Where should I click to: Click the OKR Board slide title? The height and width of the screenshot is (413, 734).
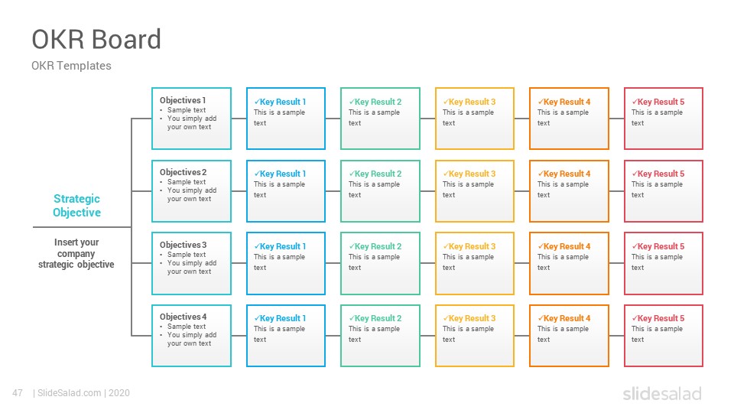[96, 39]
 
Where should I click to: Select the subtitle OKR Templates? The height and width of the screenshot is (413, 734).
[71, 66]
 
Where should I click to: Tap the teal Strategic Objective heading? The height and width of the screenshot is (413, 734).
[76, 206]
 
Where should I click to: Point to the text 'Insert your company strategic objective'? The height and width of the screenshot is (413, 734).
[76, 253]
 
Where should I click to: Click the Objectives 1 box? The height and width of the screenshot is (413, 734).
[191, 119]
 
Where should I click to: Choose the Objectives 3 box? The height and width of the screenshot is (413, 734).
[191, 263]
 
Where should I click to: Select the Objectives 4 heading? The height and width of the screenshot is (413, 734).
[183, 317]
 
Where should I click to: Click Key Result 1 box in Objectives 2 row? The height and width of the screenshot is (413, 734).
[286, 191]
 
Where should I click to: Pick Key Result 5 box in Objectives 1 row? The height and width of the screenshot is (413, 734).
[664, 119]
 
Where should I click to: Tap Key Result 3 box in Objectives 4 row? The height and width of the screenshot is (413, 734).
[475, 336]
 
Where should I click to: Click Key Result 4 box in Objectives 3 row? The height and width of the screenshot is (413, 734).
[569, 263]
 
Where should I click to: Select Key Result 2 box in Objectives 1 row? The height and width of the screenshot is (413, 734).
[380, 119]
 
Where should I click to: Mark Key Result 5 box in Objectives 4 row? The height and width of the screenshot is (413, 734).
[664, 336]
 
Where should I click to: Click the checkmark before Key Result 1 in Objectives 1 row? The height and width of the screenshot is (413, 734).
[257, 102]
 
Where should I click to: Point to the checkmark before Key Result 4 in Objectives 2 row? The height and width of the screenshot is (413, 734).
[541, 174]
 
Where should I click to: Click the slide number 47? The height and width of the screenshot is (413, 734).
[18, 393]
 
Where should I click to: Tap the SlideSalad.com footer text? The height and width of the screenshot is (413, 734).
[70, 393]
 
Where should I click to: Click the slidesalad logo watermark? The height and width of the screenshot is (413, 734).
[662, 393]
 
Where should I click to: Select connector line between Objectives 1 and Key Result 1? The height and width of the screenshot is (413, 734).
[239, 119]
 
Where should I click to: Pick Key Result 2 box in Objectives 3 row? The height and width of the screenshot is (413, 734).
[380, 263]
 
